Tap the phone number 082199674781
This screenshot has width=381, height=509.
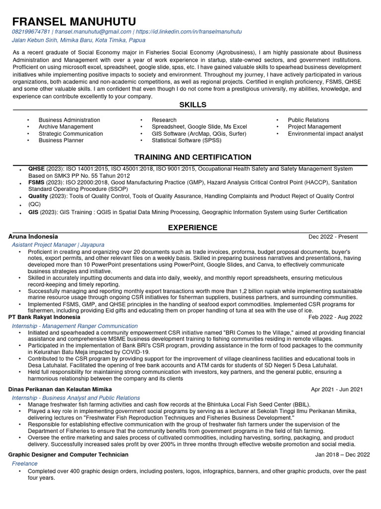tap(32, 32)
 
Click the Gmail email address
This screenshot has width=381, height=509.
tap(89, 32)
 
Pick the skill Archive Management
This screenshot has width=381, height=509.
tap(65, 127)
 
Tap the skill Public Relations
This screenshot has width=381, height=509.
tap(308, 120)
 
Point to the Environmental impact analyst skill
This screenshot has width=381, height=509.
tap(325, 134)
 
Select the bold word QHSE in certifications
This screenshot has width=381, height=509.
tap(36, 169)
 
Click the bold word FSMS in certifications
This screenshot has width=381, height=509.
tap(36, 182)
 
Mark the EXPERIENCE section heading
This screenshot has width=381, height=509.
tap(192, 228)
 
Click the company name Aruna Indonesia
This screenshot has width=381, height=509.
tap(33, 237)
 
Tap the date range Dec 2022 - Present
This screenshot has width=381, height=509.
tap(333, 237)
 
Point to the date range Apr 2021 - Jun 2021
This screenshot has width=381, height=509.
tap(336, 389)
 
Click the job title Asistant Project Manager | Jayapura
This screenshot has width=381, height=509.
tap(55, 245)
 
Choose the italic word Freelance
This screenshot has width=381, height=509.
tap(25, 463)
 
